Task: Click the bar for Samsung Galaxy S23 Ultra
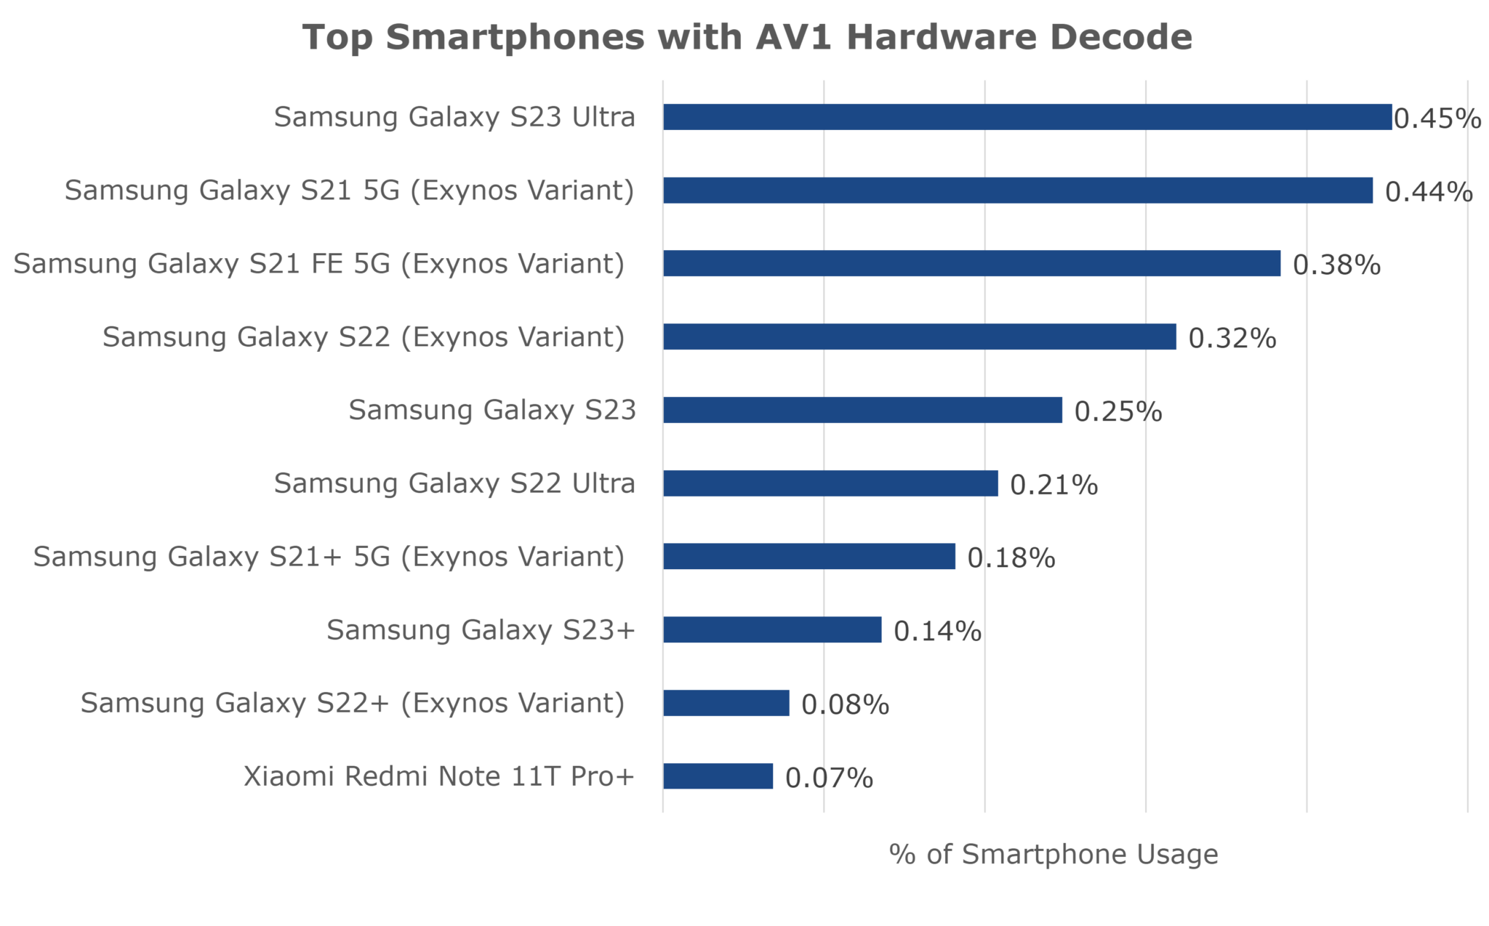(x=1027, y=117)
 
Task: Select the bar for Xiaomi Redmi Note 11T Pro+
(x=718, y=776)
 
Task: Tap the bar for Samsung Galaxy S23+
(x=772, y=629)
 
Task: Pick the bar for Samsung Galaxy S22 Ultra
(x=830, y=483)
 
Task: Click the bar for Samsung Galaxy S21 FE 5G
(x=971, y=263)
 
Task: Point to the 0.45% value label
(x=1437, y=118)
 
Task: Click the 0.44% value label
(x=1429, y=192)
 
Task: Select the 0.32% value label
(x=1232, y=339)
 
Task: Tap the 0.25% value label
(x=1118, y=412)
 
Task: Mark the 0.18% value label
(x=1011, y=558)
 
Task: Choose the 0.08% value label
(x=846, y=705)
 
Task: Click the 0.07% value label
(x=830, y=778)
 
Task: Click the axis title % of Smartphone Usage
(x=1053, y=855)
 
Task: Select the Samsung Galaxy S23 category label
(x=492, y=410)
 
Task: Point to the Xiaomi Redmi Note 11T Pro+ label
(x=439, y=776)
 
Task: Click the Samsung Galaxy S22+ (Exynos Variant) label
(x=353, y=703)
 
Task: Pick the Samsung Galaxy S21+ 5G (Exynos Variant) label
(x=329, y=557)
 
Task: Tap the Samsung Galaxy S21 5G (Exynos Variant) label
(x=350, y=190)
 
